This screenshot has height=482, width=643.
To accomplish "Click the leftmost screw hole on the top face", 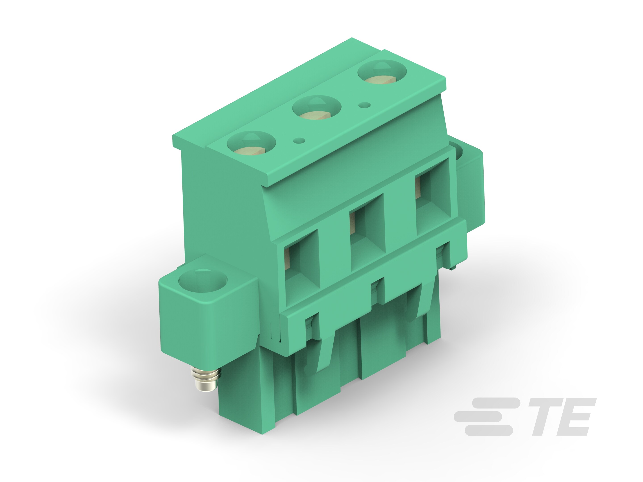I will [x=251, y=143].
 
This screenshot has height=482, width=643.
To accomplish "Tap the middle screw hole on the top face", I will [x=316, y=108].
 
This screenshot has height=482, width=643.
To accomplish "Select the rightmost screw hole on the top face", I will [x=382, y=73].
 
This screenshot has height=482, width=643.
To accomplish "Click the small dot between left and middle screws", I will [x=299, y=141].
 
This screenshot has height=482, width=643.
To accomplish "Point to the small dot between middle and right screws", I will [x=365, y=105].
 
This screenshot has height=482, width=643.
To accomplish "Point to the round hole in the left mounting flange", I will [x=203, y=281].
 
